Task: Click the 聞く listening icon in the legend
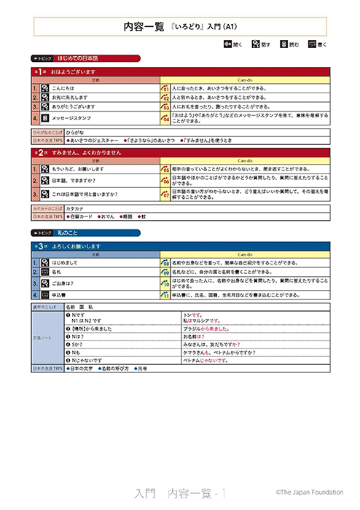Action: click(x=228, y=44)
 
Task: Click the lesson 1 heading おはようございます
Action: click(x=73, y=72)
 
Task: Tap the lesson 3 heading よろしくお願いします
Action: click(x=80, y=247)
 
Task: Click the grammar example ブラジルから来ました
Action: click(x=204, y=329)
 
